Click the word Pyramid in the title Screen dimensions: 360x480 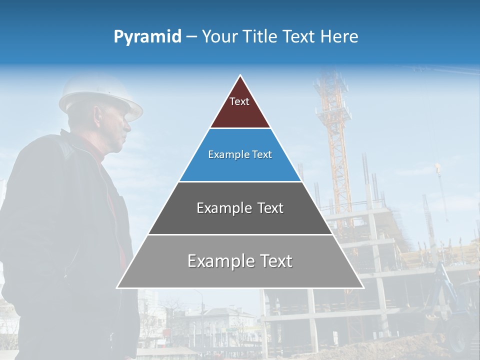click(x=147, y=37)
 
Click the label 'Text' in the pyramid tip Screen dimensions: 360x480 click(x=239, y=101)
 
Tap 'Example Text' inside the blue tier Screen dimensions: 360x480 click(x=240, y=154)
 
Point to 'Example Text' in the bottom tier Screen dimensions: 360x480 click(x=240, y=261)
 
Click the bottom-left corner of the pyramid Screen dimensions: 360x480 click(x=117, y=288)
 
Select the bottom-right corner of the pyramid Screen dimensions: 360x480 click(x=363, y=288)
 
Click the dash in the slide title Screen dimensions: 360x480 click(x=191, y=37)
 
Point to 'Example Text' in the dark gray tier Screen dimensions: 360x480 click(x=240, y=208)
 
